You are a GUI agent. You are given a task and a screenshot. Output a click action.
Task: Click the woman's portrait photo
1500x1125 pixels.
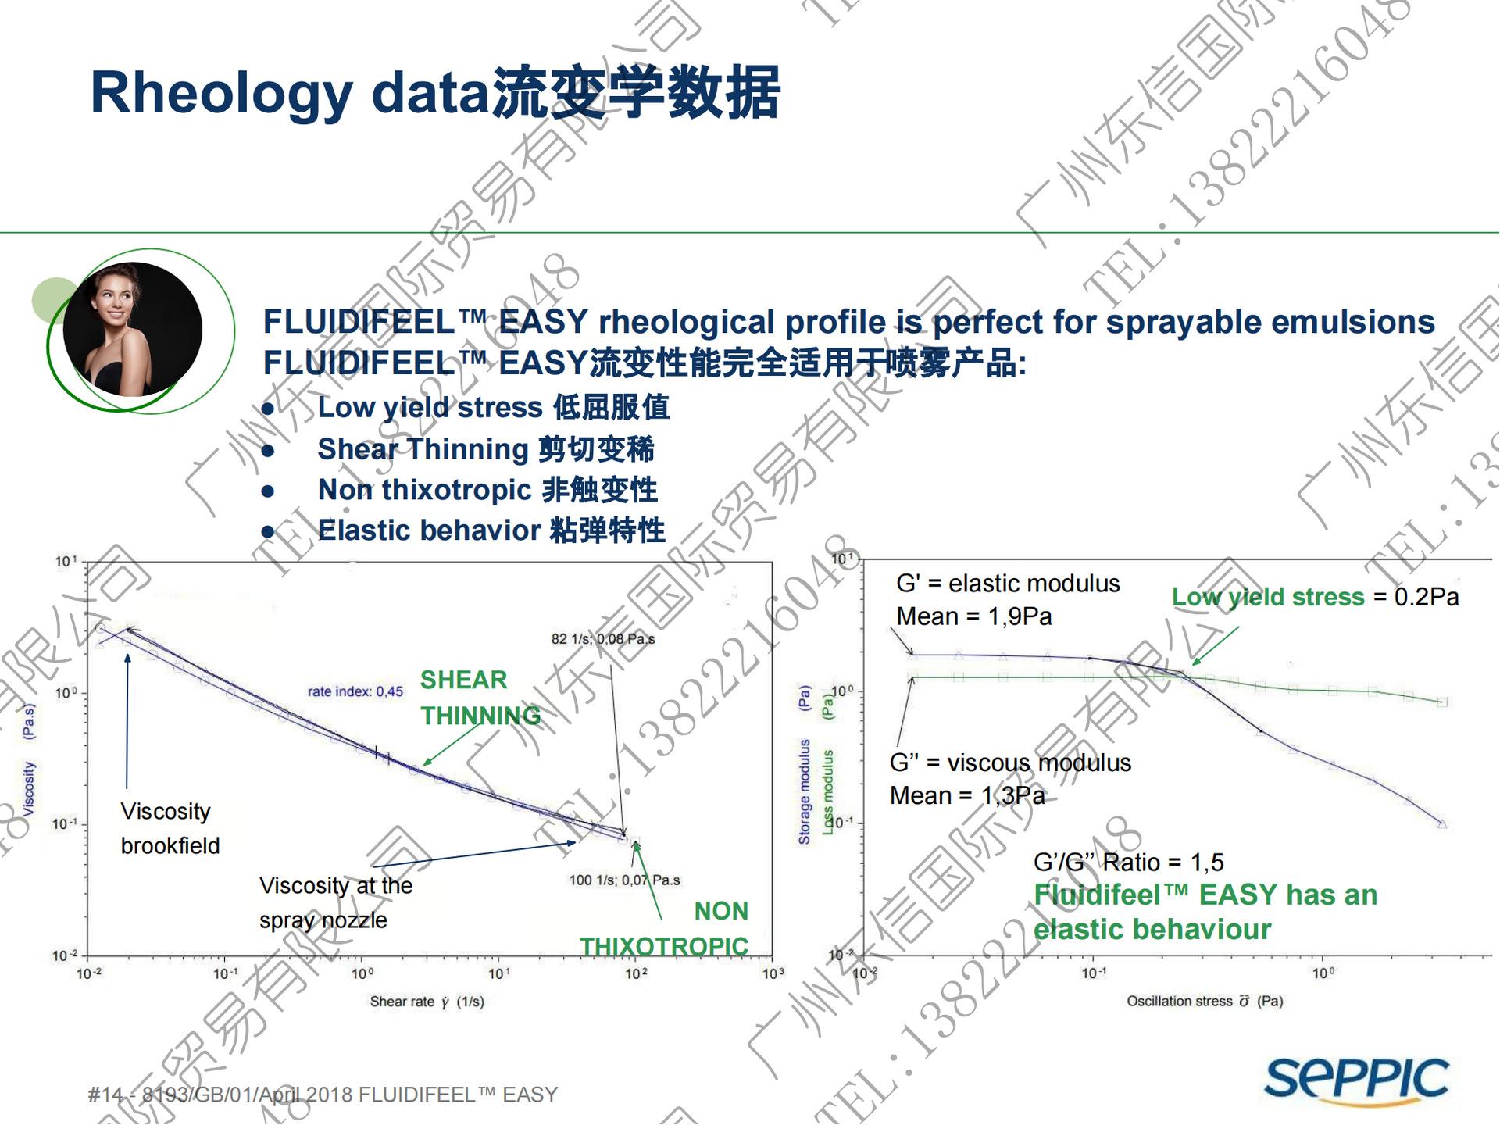132,329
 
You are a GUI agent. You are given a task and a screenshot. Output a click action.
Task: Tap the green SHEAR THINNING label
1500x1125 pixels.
480,698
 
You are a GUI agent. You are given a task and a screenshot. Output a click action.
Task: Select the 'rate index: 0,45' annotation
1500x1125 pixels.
355,691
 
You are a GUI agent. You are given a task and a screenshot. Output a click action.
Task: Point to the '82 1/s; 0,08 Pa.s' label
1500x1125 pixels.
602,639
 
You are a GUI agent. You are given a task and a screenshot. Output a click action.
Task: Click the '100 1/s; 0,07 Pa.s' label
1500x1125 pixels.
624,880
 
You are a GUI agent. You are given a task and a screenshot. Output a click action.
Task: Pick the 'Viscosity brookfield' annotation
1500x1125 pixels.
170,828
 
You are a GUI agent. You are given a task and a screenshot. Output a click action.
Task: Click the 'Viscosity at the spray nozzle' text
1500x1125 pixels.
335,902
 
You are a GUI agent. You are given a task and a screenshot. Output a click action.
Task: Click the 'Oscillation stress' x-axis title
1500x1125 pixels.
1204,1001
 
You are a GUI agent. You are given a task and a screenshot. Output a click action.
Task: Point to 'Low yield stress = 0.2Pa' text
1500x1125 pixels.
1315,597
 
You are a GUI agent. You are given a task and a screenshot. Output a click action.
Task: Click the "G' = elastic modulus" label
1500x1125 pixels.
1008,584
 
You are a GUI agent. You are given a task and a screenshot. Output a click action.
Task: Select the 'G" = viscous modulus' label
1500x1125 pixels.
1010,762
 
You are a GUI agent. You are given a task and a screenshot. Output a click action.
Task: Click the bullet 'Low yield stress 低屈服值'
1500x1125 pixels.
493,408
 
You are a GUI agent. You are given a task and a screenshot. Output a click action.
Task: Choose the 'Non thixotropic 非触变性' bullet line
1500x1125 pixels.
487,490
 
